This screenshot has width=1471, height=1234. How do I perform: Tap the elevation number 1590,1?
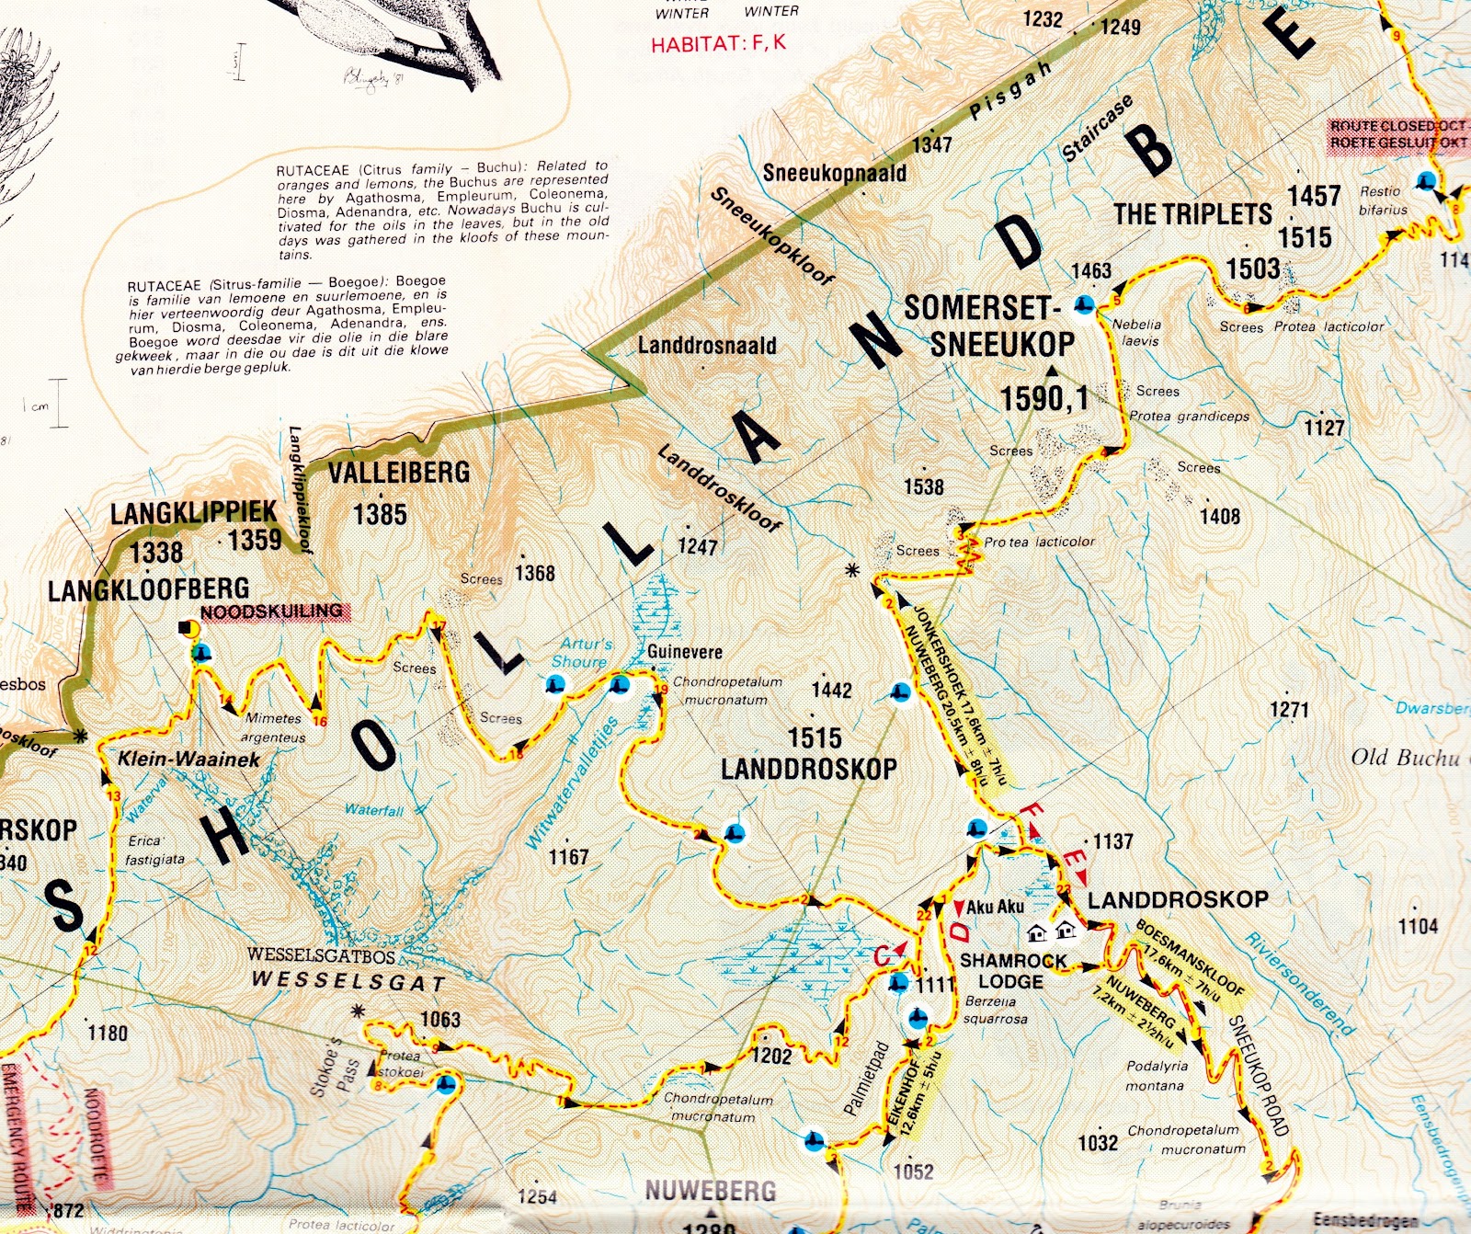click(1043, 398)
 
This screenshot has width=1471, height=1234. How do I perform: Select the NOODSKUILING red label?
click(271, 611)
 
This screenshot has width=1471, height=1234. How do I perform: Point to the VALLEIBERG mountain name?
click(399, 473)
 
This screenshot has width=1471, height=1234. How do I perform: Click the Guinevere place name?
click(685, 652)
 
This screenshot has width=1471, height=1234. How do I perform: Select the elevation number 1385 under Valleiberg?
click(380, 514)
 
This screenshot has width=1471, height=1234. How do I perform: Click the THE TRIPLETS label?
click(1192, 214)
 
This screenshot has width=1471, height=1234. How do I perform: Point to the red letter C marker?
click(883, 957)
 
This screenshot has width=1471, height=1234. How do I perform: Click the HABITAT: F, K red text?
click(718, 43)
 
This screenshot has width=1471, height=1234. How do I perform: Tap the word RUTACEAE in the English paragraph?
click(314, 170)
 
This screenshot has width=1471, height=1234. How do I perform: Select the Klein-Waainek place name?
click(188, 759)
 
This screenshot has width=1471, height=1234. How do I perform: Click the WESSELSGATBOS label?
click(321, 954)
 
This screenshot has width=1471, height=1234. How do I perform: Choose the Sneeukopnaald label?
click(834, 173)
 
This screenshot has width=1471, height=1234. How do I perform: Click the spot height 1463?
click(1091, 270)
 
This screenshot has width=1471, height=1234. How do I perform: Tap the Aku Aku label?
click(995, 907)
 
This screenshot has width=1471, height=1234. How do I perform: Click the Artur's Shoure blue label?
click(584, 653)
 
